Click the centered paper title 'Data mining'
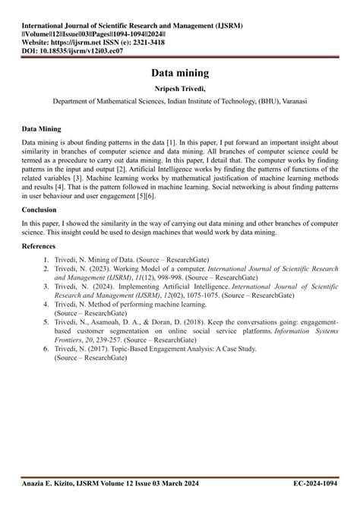(x=180, y=74)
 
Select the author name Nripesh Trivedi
(x=180, y=90)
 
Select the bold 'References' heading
(x=43, y=247)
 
